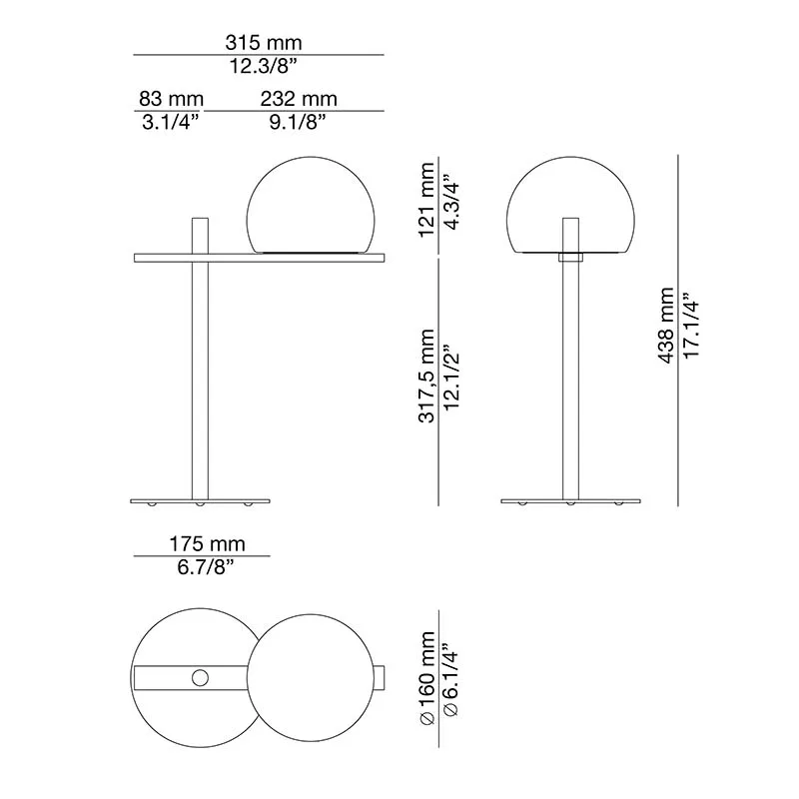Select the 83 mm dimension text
pos(170,99)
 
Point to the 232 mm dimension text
pos(299,99)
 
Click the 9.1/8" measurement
pos(299,122)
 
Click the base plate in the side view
pos(201,498)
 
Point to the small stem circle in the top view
pos(201,678)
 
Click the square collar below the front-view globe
pos(569,257)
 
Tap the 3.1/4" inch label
pos(170,122)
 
